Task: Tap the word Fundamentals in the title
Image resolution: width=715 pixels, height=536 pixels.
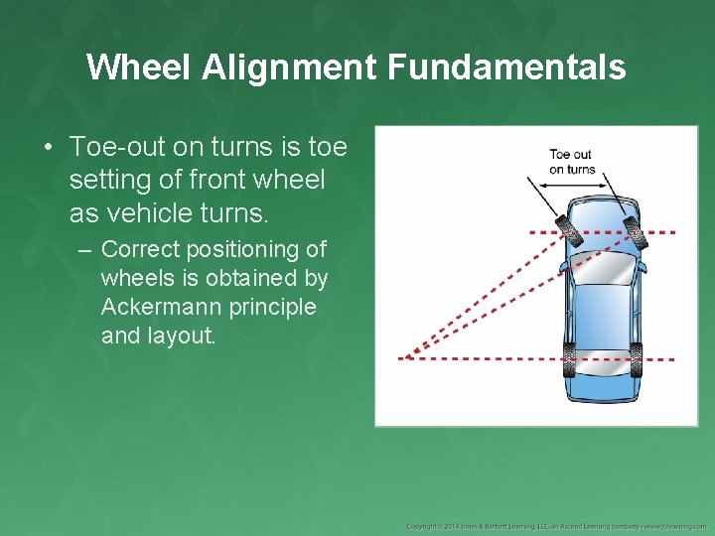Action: click(x=507, y=67)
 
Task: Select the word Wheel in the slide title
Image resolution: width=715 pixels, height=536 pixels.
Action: click(x=139, y=67)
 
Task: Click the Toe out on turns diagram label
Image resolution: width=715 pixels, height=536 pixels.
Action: click(x=571, y=162)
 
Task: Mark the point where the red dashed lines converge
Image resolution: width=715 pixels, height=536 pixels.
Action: click(x=408, y=355)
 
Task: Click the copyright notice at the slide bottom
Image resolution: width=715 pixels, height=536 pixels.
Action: click(x=556, y=525)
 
